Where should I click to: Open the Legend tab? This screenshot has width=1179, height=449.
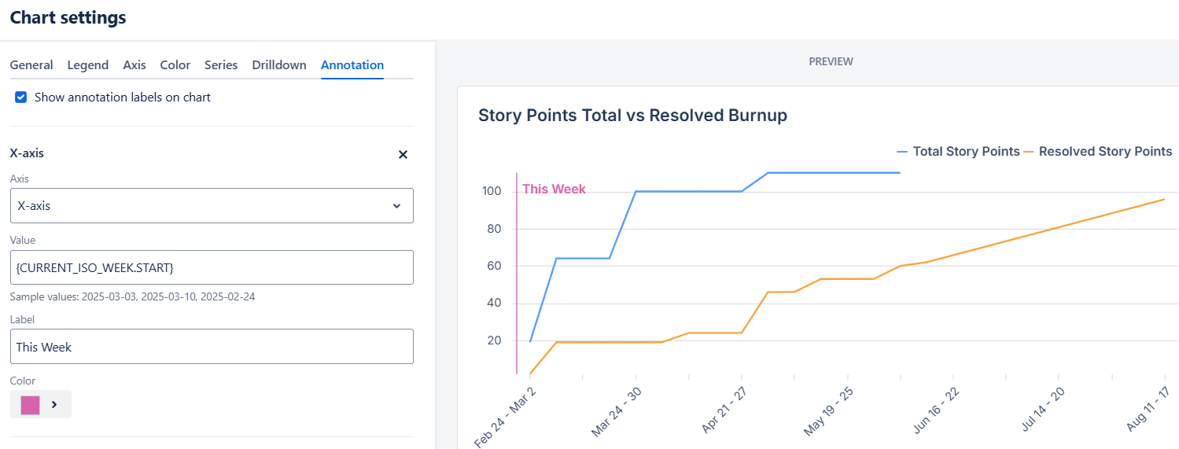click(88, 64)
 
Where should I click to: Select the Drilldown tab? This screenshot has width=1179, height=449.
click(279, 64)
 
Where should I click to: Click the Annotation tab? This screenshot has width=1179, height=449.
click(352, 64)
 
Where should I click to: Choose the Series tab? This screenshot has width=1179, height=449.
click(221, 64)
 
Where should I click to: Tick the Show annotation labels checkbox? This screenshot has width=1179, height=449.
click(21, 97)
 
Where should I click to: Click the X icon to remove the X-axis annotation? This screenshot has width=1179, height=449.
click(403, 154)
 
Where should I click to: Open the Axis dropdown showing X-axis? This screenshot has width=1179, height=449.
click(212, 205)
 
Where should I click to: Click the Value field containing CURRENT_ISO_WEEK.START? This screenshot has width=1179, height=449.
click(212, 267)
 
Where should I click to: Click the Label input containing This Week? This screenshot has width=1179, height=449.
click(212, 346)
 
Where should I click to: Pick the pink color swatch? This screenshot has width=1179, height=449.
click(31, 405)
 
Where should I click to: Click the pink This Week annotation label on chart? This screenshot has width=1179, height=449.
click(554, 189)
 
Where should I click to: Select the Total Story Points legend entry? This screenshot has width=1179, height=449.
click(959, 152)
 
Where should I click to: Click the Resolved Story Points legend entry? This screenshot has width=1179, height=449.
click(1098, 152)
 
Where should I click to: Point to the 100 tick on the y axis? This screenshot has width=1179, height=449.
click(492, 191)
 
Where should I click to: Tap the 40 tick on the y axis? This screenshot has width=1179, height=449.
click(494, 303)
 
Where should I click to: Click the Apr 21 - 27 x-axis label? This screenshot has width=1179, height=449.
click(724, 410)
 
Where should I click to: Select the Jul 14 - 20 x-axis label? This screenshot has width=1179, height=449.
click(1043, 410)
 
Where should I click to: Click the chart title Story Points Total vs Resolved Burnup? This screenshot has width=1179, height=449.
click(632, 116)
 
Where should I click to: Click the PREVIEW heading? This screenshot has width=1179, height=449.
click(831, 61)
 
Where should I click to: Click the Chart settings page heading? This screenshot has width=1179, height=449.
click(68, 17)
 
